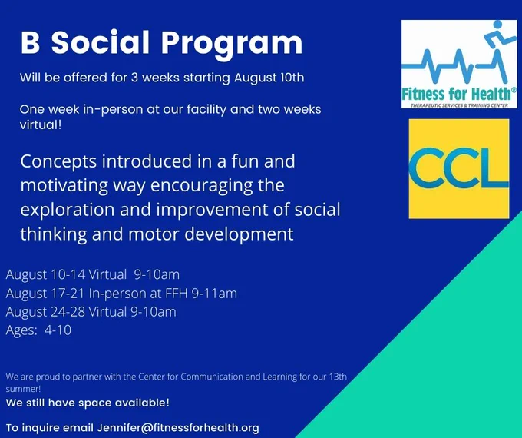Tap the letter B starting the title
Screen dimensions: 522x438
30,43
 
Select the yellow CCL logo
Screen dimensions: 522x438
459,168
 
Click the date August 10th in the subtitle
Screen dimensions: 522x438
269,78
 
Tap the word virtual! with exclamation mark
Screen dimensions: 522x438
41,124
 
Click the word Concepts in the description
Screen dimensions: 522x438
58,162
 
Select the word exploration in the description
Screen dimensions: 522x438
68,211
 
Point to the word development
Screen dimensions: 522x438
239,234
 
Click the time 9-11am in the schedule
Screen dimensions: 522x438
214,294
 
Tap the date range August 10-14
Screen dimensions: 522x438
45,275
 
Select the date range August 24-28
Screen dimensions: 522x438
46,312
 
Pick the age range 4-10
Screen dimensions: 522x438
58,330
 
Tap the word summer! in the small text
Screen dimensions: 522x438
23,389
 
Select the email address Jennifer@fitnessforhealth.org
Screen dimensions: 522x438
178,428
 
